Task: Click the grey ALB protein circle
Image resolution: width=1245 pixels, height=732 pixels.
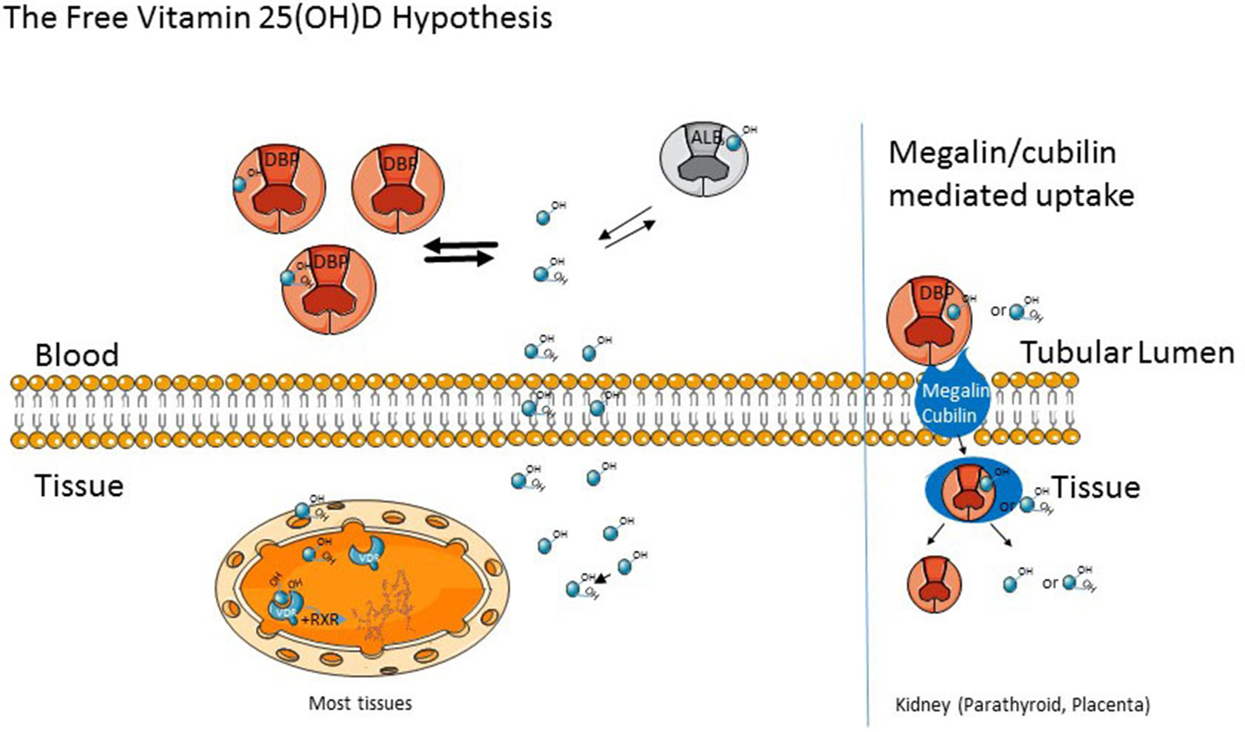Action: [x=703, y=159]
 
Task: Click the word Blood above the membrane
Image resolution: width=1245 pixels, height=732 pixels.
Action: [x=77, y=355]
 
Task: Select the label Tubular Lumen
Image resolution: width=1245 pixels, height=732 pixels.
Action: [x=1127, y=352]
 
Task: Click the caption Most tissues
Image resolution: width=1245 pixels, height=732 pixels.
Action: [x=360, y=703]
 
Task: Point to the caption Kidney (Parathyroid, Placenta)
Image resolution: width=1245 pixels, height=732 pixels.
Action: [x=1022, y=705]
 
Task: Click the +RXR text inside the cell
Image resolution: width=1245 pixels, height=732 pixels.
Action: [x=320, y=620]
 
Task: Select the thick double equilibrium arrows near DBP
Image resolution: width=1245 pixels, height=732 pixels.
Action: [x=460, y=251]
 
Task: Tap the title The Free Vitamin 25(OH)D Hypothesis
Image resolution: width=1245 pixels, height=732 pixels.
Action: [x=278, y=18]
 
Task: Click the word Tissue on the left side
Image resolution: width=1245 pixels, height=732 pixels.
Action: [x=79, y=485]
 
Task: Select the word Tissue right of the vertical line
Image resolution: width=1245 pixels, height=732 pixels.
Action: [x=1095, y=487]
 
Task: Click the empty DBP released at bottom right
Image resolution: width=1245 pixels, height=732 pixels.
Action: [x=934, y=583]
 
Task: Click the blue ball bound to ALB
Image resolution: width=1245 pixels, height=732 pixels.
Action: [x=734, y=143]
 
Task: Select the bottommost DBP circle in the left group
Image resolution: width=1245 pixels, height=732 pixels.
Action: [x=328, y=288]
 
